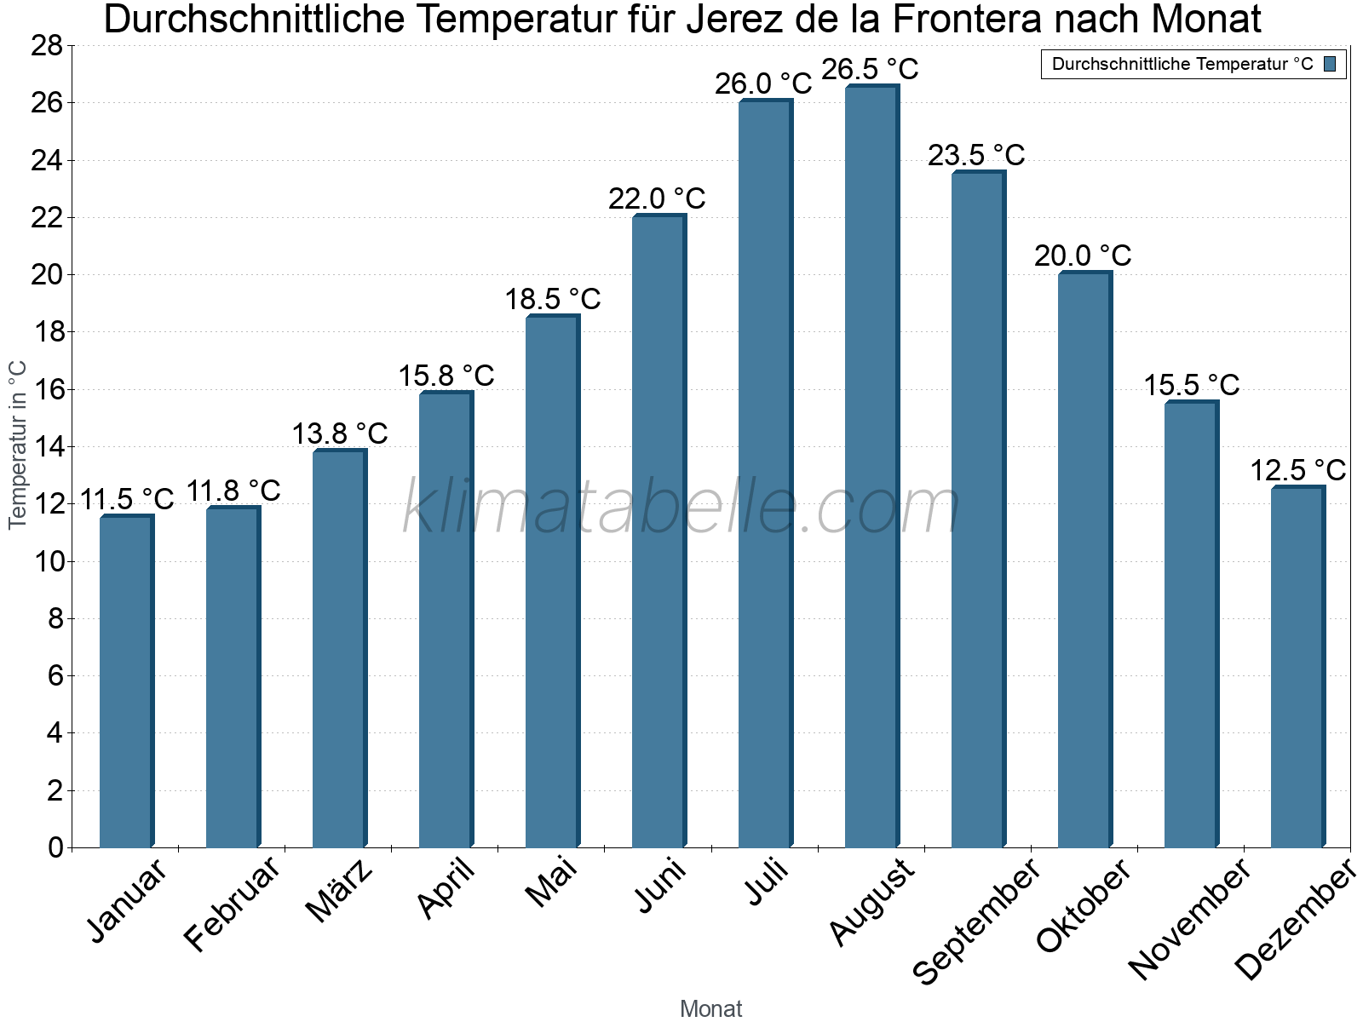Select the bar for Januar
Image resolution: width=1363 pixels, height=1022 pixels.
126,681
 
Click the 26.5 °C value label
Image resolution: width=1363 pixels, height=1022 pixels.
870,69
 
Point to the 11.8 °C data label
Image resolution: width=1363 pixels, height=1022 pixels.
233,491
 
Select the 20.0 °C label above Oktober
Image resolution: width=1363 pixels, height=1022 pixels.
1083,255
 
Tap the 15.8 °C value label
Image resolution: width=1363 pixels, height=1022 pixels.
446,376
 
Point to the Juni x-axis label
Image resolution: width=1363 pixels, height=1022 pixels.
660,886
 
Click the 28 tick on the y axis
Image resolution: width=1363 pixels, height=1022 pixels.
47,46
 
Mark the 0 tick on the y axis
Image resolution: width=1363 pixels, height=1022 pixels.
55,847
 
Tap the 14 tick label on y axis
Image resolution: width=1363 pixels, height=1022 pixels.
47,447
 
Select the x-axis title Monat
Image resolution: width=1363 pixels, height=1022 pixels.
710,1009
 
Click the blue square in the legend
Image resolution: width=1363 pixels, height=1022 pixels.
1330,64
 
